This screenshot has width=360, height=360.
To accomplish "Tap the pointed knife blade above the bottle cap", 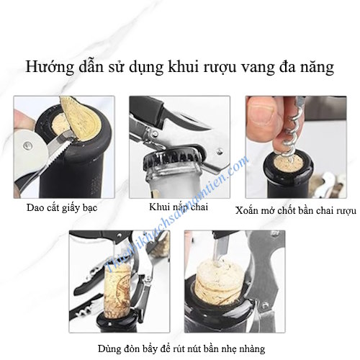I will [x=190, y=123].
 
